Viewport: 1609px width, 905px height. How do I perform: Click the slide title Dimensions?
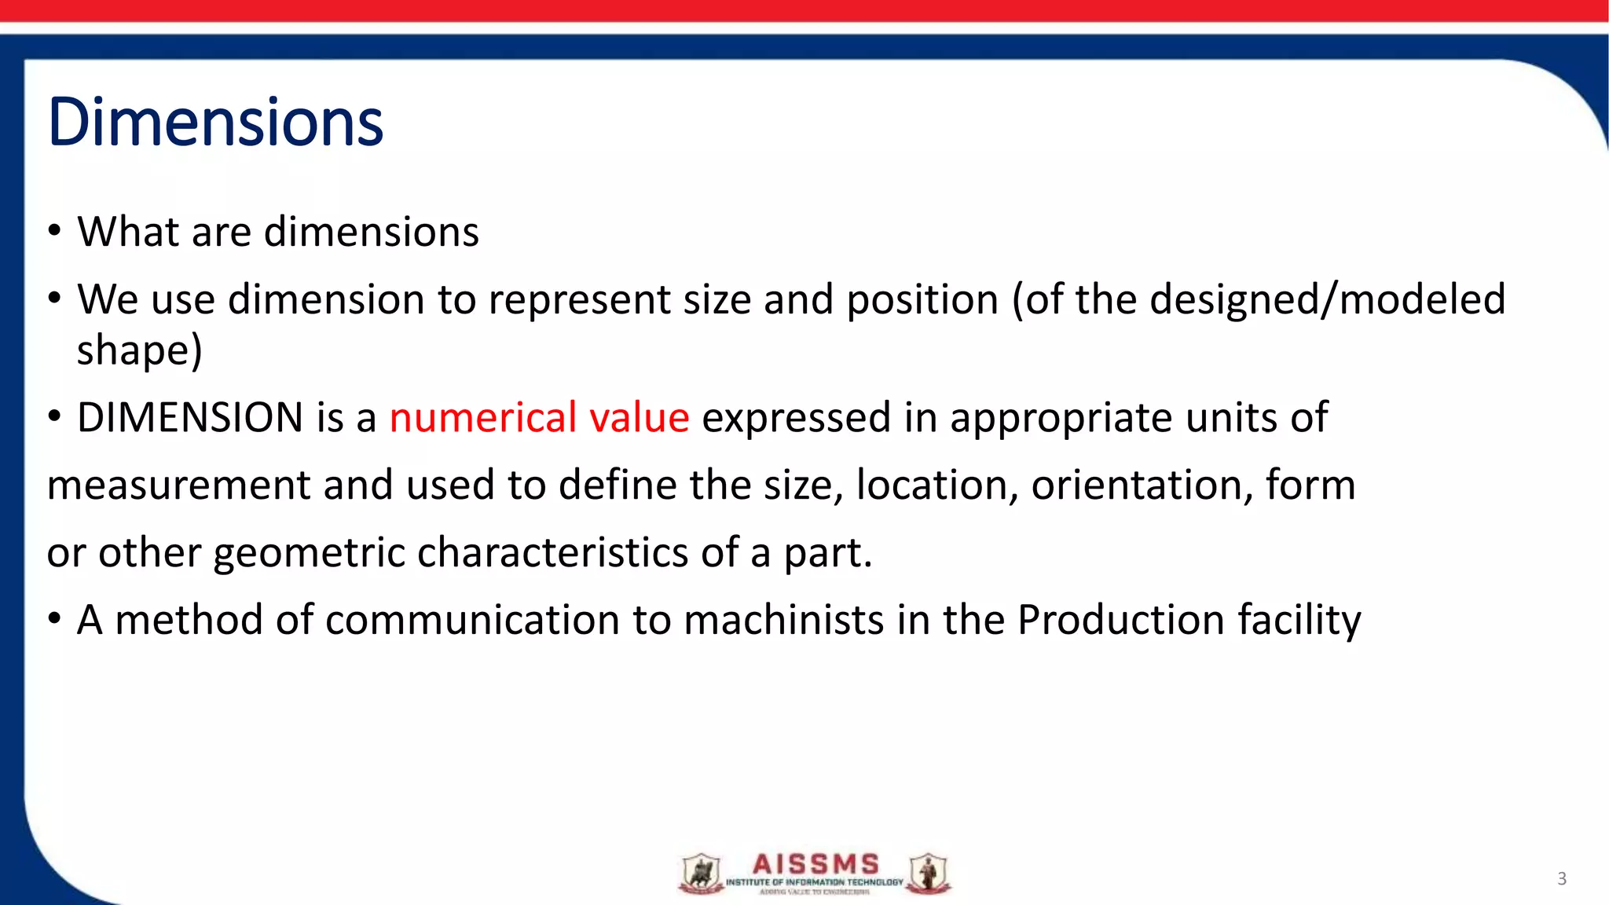(x=215, y=123)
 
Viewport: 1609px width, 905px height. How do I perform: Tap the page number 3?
(x=1561, y=878)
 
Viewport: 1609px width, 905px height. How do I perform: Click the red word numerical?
(x=483, y=417)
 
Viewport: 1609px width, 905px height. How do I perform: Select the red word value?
(x=639, y=417)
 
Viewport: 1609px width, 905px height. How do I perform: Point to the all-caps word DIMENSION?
(x=190, y=417)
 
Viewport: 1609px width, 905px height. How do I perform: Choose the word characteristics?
(x=552, y=552)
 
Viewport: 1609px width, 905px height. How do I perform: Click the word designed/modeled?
(x=1327, y=299)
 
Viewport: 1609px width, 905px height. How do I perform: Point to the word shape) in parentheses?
(x=139, y=350)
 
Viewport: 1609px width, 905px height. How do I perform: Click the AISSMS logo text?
(x=815, y=864)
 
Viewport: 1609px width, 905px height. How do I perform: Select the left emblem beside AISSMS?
(x=701, y=874)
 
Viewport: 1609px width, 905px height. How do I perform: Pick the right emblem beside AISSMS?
(x=928, y=874)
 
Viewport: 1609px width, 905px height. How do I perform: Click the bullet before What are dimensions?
(x=53, y=232)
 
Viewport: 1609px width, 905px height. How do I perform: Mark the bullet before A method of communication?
(x=53, y=620)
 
